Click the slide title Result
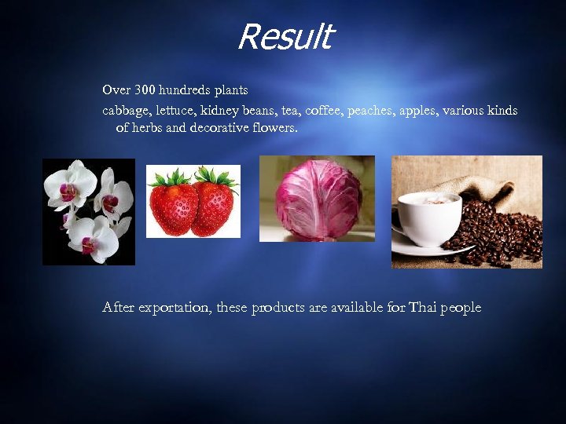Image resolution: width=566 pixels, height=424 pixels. [x=285, y=37]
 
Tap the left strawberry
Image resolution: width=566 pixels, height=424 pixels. [x=172, y=204]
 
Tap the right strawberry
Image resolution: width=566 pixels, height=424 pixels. [x=214, y=203]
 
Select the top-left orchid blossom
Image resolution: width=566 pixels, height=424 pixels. [x=69, y=182]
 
